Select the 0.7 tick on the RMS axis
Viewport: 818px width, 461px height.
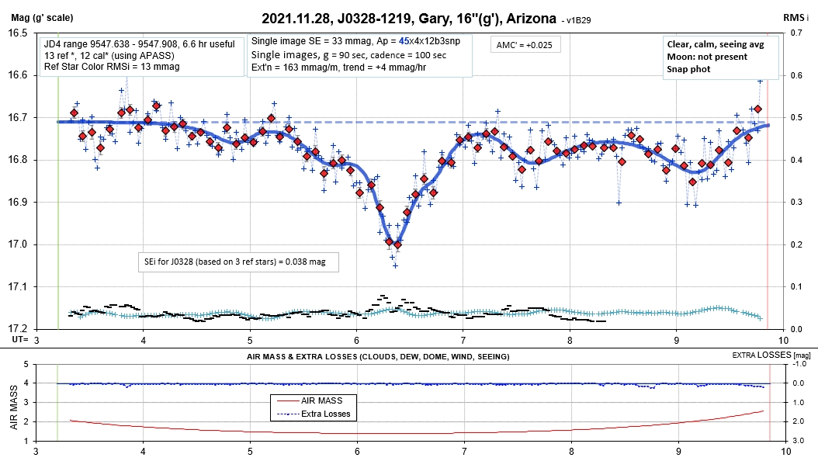[795, 33]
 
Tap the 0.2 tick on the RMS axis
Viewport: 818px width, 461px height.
[795, 244]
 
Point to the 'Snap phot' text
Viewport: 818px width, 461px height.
[689, 68]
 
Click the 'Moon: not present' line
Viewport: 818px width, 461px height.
[707, 57]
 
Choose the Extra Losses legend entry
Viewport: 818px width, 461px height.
[314, 414]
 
